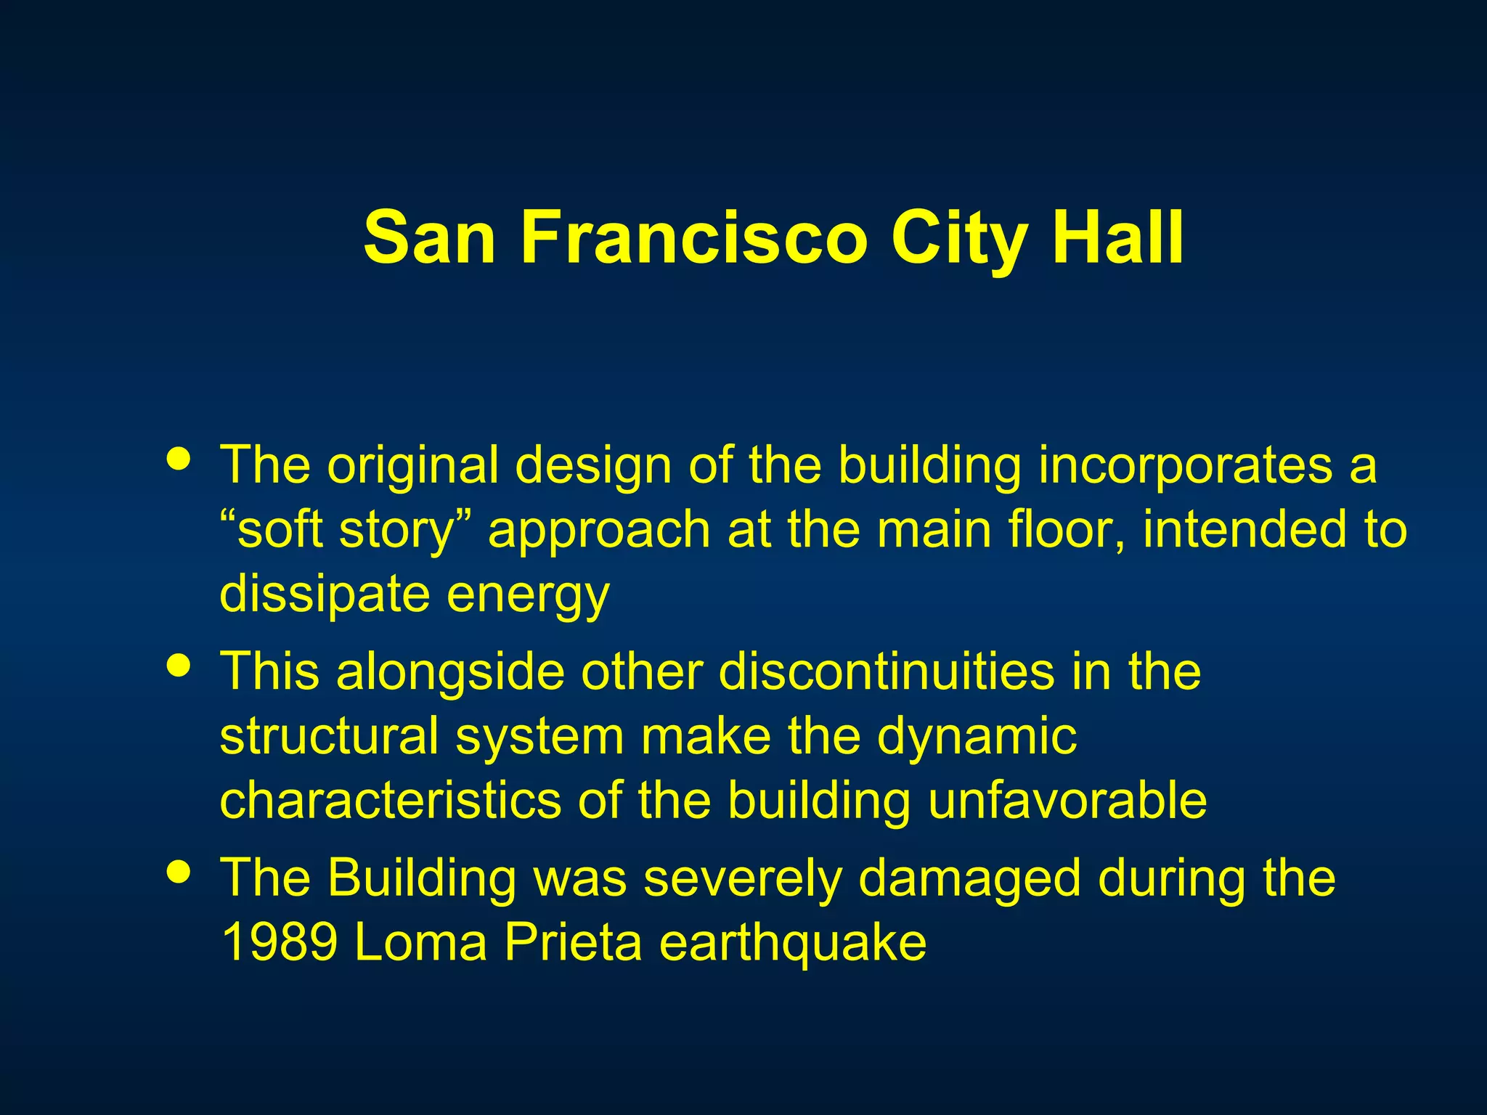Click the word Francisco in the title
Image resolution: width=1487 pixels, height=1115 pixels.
click(693, 238)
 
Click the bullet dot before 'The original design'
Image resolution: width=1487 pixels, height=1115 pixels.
click(179, 459)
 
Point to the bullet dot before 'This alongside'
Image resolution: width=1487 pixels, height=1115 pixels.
click(179, 666)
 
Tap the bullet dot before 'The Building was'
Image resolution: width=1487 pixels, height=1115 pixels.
click(179, 871)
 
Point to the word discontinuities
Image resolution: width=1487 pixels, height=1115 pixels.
click(887, 671)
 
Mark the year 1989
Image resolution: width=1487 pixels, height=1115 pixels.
click(280, 942)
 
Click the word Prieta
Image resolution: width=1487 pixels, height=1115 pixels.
click(573, 942)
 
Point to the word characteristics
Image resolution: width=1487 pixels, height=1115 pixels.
click(391, 800)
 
